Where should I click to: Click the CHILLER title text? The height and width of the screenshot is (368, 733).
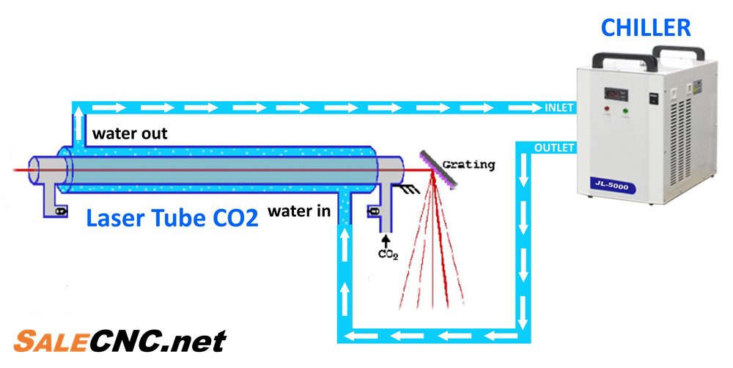(x=646, y=28)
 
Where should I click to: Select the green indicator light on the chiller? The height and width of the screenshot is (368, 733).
(x=625, y=111)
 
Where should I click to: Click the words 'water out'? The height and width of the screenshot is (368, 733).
(x=130, y=134)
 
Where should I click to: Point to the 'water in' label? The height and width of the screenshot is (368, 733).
(x=298, y=211)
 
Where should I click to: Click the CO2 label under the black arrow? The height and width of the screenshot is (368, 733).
(x=387, y=254)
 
